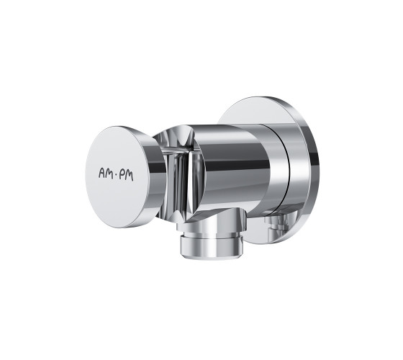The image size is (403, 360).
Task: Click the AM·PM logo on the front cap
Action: pos(116,174)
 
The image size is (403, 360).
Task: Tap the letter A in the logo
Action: pos(102,173)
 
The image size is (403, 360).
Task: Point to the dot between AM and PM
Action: pos(116,176)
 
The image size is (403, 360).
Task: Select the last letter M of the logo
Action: pos(130,176)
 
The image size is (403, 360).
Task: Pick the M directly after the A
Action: pos(110,174)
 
